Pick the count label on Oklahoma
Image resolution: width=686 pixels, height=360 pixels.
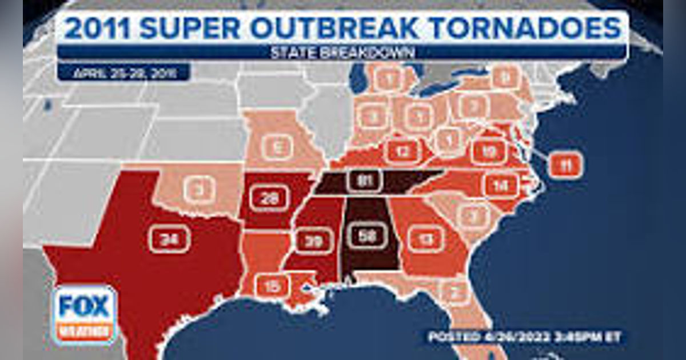pyautogui.click(x=199, y=189)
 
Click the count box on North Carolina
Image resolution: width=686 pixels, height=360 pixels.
pyautogui.click(x=501, y=185)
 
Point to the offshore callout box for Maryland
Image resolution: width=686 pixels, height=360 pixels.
pyautogui.click(x=565, y=165)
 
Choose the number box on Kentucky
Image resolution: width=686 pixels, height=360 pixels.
pyautogui.click(x=404, y=151)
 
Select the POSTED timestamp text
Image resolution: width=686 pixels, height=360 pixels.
pyautogui.click(x=524, y=337)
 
